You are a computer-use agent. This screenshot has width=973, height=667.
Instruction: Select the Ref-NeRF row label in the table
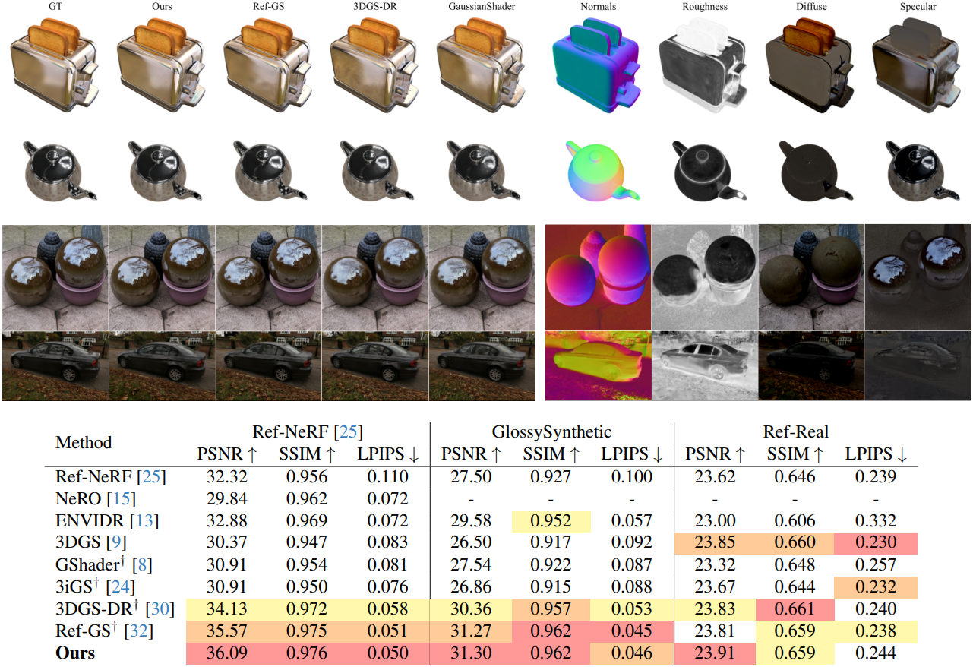tap(110, 477)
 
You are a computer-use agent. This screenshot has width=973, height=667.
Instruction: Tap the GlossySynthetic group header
tap(551, 432)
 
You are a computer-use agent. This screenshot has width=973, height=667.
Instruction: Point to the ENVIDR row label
tap(106, 521)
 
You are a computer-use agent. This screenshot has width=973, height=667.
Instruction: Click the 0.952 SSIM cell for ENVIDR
tap(551, 521)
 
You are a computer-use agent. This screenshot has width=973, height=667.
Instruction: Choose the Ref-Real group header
tap(795, 432)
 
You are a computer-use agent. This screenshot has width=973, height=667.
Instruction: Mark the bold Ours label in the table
tap(75, 653)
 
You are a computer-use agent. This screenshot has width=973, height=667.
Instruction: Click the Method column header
tap(84, 442)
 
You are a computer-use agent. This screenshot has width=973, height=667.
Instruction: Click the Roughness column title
tap(704, 7)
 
